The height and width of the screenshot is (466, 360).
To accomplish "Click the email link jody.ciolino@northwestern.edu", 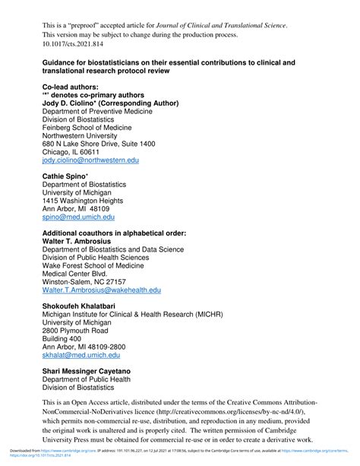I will pyautogui.click(x=90, y=162).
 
